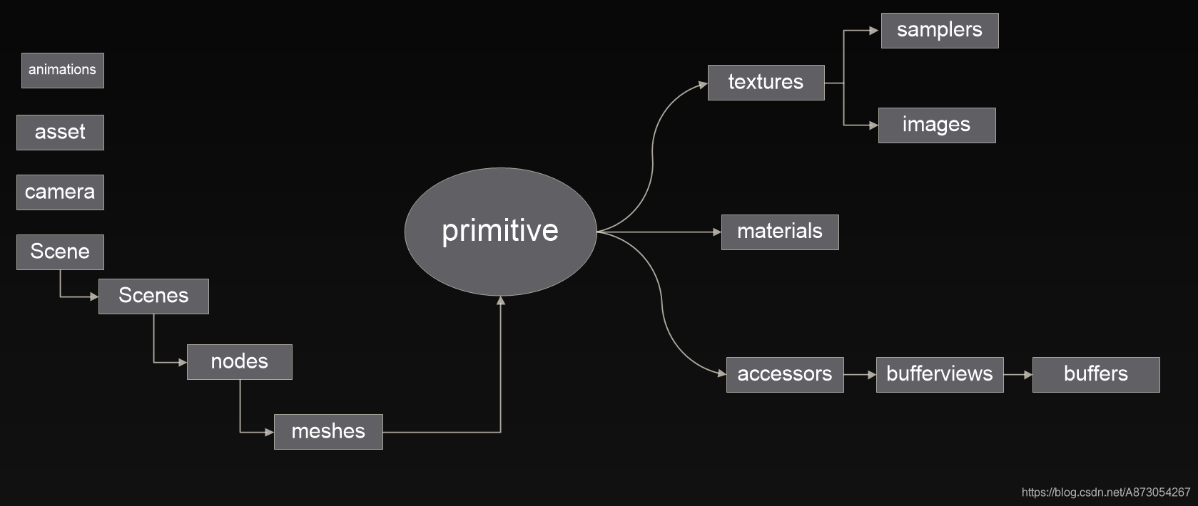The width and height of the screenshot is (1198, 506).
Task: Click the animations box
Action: [x=63, y=71]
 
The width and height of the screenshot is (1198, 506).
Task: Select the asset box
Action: [x=60, y=133]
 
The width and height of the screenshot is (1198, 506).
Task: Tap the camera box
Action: [x=60, y=192]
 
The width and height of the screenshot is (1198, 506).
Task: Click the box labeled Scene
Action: [x=60, y=252]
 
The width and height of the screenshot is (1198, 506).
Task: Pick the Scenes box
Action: [x=153, y=296]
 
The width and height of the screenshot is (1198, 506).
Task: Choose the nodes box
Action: [x=240, y=362]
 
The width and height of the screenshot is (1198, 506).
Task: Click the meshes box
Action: [x=328, y=432]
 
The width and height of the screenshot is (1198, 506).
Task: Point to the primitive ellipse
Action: [x=500, y=232]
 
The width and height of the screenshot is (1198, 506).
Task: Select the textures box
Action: [x=766, y=83]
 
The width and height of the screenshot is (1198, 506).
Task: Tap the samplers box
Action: [x=940, y=31]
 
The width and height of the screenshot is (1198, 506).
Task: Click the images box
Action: [x=937, y=125]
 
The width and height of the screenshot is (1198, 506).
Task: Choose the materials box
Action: [x=780, y=232]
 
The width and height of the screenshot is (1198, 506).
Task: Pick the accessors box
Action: [x=785, y=375]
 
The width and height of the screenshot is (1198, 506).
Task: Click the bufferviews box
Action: [x=940, y=375]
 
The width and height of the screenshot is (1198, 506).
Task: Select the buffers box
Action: [x=1096, y=375]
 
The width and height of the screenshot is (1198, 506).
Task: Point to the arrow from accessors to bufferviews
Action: [x=860, y=375]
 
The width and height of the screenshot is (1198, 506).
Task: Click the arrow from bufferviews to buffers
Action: [x=1017, y=375]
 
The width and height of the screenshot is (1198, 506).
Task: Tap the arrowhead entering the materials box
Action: [x=717, y=232]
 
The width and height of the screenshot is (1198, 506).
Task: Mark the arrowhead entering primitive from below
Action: [x=501, y=301]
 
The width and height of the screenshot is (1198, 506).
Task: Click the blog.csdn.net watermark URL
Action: [x=1106, y=492]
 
